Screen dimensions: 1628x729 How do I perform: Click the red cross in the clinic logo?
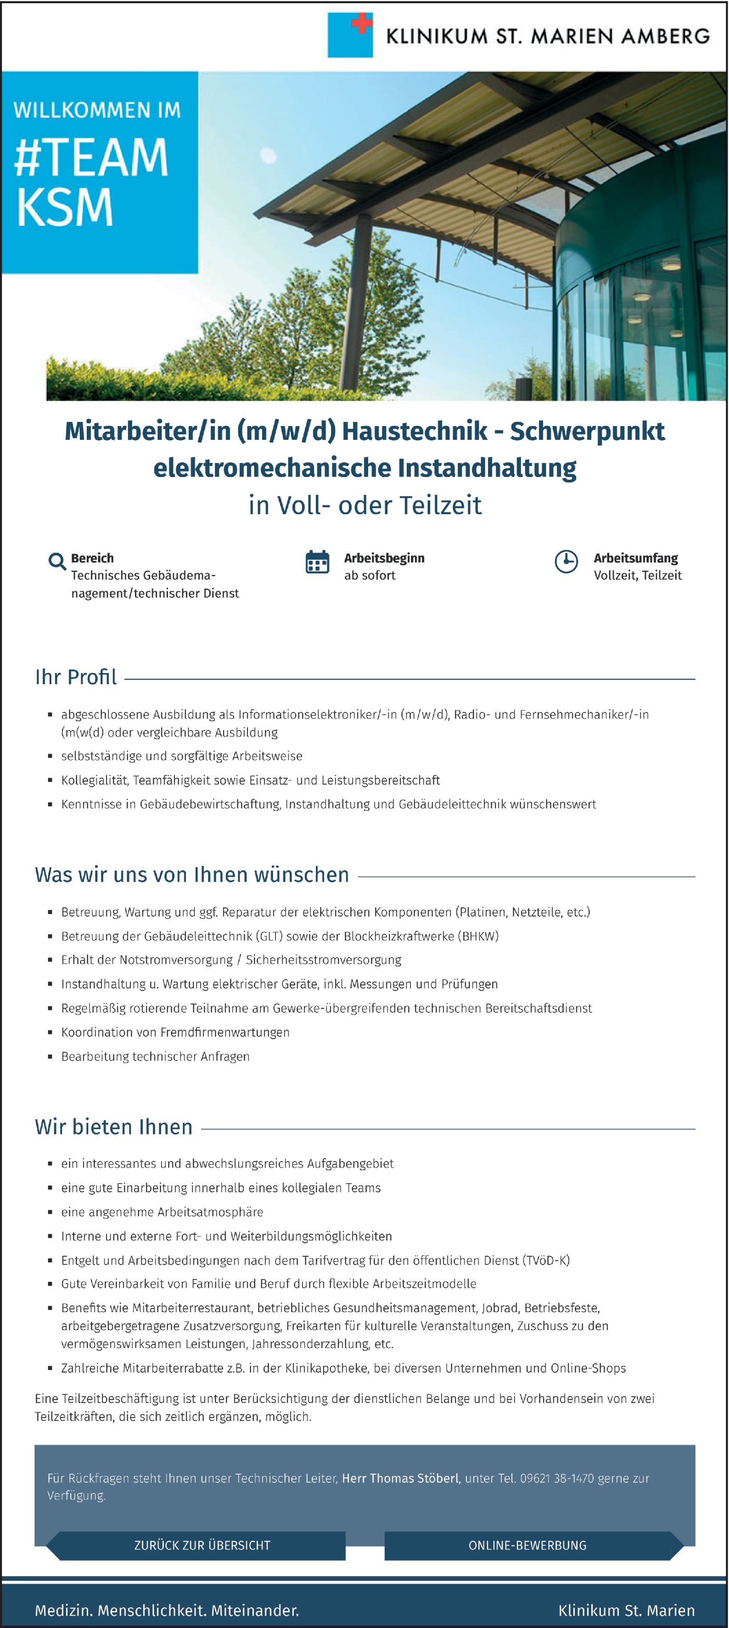coord(362,23)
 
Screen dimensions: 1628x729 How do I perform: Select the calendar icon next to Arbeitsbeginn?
coord(317,561)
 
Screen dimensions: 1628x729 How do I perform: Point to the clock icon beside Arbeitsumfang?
coord(566,561)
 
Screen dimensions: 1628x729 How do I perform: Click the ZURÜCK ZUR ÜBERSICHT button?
coord(202,1545)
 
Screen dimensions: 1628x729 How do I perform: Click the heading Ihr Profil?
coord(76,677)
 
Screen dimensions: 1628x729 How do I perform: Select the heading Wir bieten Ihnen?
coord(114,1127)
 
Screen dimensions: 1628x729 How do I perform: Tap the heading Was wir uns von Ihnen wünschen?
coord(192,875)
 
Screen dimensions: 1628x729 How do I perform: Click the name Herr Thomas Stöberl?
coord(400,1478)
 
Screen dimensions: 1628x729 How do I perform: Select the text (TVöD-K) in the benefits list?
coord(546,1260)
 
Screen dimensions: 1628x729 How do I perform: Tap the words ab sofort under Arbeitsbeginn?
coord(370,575)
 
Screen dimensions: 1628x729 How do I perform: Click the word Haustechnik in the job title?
coord(415,431)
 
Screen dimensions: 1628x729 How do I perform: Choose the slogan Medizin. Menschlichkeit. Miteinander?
coord(167,1610)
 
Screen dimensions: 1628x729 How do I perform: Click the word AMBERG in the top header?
coord(665,36)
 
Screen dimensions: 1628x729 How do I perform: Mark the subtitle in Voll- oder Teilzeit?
coord(365,505)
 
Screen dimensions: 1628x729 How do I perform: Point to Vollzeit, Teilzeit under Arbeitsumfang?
coord(637,575)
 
